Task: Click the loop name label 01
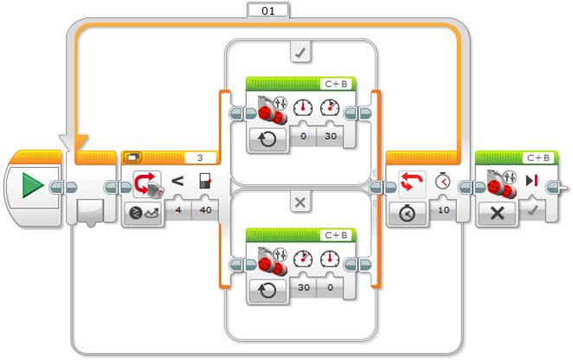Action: click(268, 10)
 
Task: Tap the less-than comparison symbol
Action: click(177, 183)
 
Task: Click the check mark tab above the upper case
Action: click(300, 54)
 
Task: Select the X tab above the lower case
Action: click(300, 202)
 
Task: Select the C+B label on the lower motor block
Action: click(337, 234)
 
